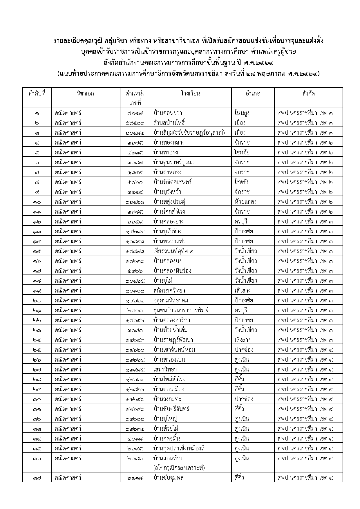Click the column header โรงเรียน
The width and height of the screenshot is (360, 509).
(190, 94)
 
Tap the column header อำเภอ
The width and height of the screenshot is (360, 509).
(253, 94)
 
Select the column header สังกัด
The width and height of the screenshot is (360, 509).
(308, 94)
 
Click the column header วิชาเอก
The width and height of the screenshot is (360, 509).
(85, 94)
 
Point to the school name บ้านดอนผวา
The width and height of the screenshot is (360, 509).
(168, 113)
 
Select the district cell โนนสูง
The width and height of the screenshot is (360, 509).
(242, 113)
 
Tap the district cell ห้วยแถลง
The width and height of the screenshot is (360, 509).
(245, 202)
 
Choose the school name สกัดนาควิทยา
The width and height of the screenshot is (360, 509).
(169, 290)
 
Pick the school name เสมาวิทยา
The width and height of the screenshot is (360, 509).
(165, 369)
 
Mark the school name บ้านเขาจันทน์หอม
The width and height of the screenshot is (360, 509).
(174, 350)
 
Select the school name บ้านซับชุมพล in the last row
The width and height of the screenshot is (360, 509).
(169, 477)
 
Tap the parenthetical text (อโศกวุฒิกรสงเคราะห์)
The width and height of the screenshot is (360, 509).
(179, 468)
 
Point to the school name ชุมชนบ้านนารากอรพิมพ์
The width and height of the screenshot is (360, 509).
(181, 310)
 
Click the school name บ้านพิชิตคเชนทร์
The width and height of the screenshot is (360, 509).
(173, 182)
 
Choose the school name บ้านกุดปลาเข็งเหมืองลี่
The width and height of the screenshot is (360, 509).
(179, 448)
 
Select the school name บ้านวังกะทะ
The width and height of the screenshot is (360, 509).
(167, 399)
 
